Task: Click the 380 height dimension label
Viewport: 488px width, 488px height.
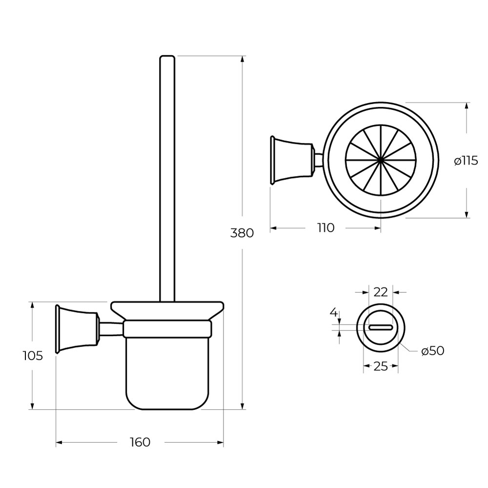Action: click(x=242, y=233)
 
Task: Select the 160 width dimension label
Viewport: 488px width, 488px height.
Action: click(x=141, y=442)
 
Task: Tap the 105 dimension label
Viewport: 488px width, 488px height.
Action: click(x=33, y=355)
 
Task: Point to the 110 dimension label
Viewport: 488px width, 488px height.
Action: click(x=326, y=228)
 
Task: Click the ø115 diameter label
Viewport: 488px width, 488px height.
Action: click(x=466, y=161)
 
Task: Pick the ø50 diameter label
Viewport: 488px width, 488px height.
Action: click(x=432, y=351)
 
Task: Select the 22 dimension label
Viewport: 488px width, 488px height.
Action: click(x=381, y=292)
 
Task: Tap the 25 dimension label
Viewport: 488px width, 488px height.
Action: click(x=381, y=366)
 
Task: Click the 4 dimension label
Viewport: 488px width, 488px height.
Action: click(x=334, y=312)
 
